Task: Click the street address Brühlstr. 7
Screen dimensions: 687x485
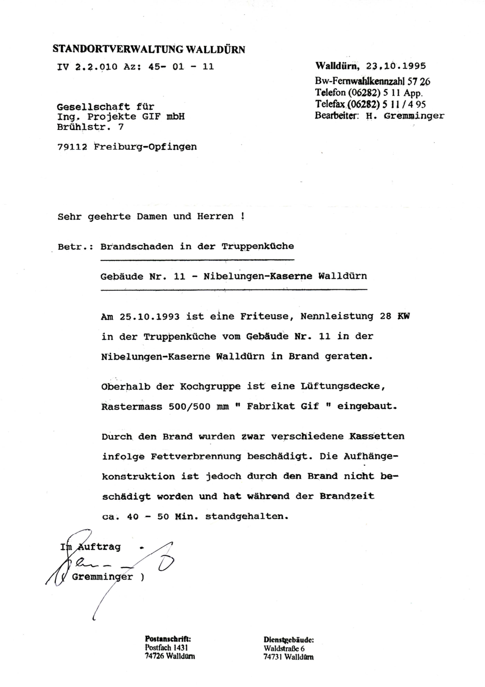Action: click(x=90, y=127)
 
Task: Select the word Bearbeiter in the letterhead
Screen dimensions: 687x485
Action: click(x=336, y=116)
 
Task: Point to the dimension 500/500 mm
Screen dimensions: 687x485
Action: click(x=198, y=407)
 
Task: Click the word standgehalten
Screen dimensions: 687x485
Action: click(x=247, y=516)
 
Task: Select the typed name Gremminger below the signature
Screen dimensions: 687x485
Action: click(x=102, y=577)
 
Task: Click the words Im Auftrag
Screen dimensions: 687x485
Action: click(x=91, y=547)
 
